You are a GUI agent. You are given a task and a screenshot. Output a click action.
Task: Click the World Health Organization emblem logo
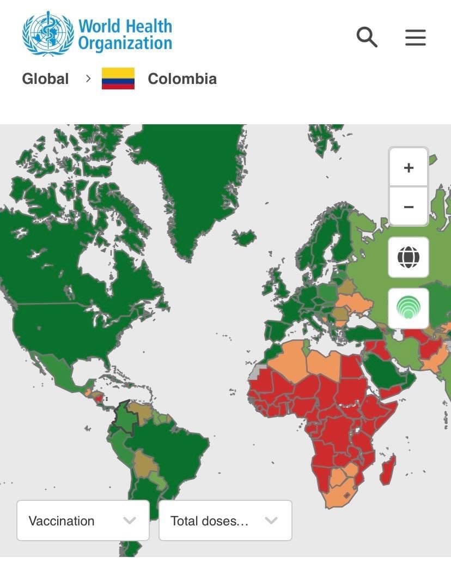click(47, 34)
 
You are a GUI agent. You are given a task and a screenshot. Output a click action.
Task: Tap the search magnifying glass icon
click(367, 38)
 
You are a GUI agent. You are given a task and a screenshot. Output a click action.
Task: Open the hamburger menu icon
click(415, 38)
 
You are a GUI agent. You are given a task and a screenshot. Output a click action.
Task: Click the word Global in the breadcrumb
click(45, 78)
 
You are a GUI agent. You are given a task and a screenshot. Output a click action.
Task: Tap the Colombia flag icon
click(118, 78)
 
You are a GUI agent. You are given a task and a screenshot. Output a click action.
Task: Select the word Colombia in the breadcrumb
click(182, 78)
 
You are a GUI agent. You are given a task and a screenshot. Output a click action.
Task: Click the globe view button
click(409, 257)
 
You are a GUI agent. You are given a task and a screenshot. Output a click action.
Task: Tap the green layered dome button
click(409, 308)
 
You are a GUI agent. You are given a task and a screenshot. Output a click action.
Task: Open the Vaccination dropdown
click(83, 520)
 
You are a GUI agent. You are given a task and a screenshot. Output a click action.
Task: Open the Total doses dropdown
click(225, 520)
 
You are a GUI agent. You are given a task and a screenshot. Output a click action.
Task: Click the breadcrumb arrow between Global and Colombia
click(88, 78)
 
